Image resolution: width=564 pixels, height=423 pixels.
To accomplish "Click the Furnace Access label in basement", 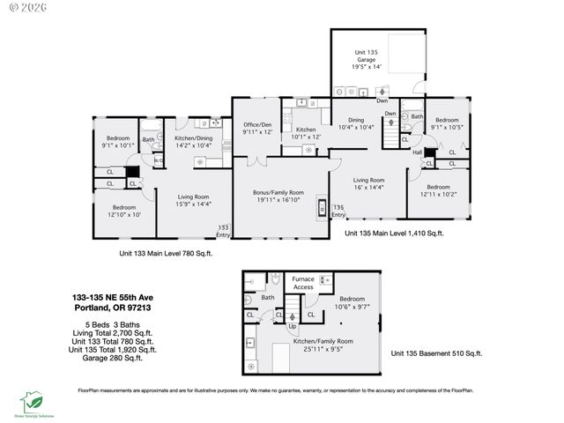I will point(303,284).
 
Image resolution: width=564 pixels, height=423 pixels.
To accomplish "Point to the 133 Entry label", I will point(224,231).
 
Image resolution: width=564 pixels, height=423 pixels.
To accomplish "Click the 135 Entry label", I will point(338,211).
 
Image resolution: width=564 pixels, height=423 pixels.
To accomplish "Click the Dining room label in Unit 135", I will point(357,124).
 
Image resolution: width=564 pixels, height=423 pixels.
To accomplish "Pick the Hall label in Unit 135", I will point(417,152).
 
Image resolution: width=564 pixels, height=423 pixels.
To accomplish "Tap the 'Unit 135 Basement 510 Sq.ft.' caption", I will point(436,353).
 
